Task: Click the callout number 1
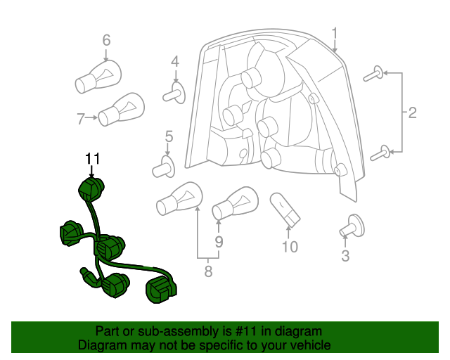[335, 32]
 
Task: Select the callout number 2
[413, 112]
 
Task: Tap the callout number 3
[345, 256]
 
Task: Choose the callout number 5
[169, 136]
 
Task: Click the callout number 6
[106, 40]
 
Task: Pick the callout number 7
[81, 117]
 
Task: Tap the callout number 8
[208, 271]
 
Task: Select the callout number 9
[219, 241]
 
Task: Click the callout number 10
[290, 247]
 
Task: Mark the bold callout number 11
[93, 159]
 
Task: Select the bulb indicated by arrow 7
[120, 110]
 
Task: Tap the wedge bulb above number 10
[284, 209]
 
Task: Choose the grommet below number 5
[164, 167]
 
